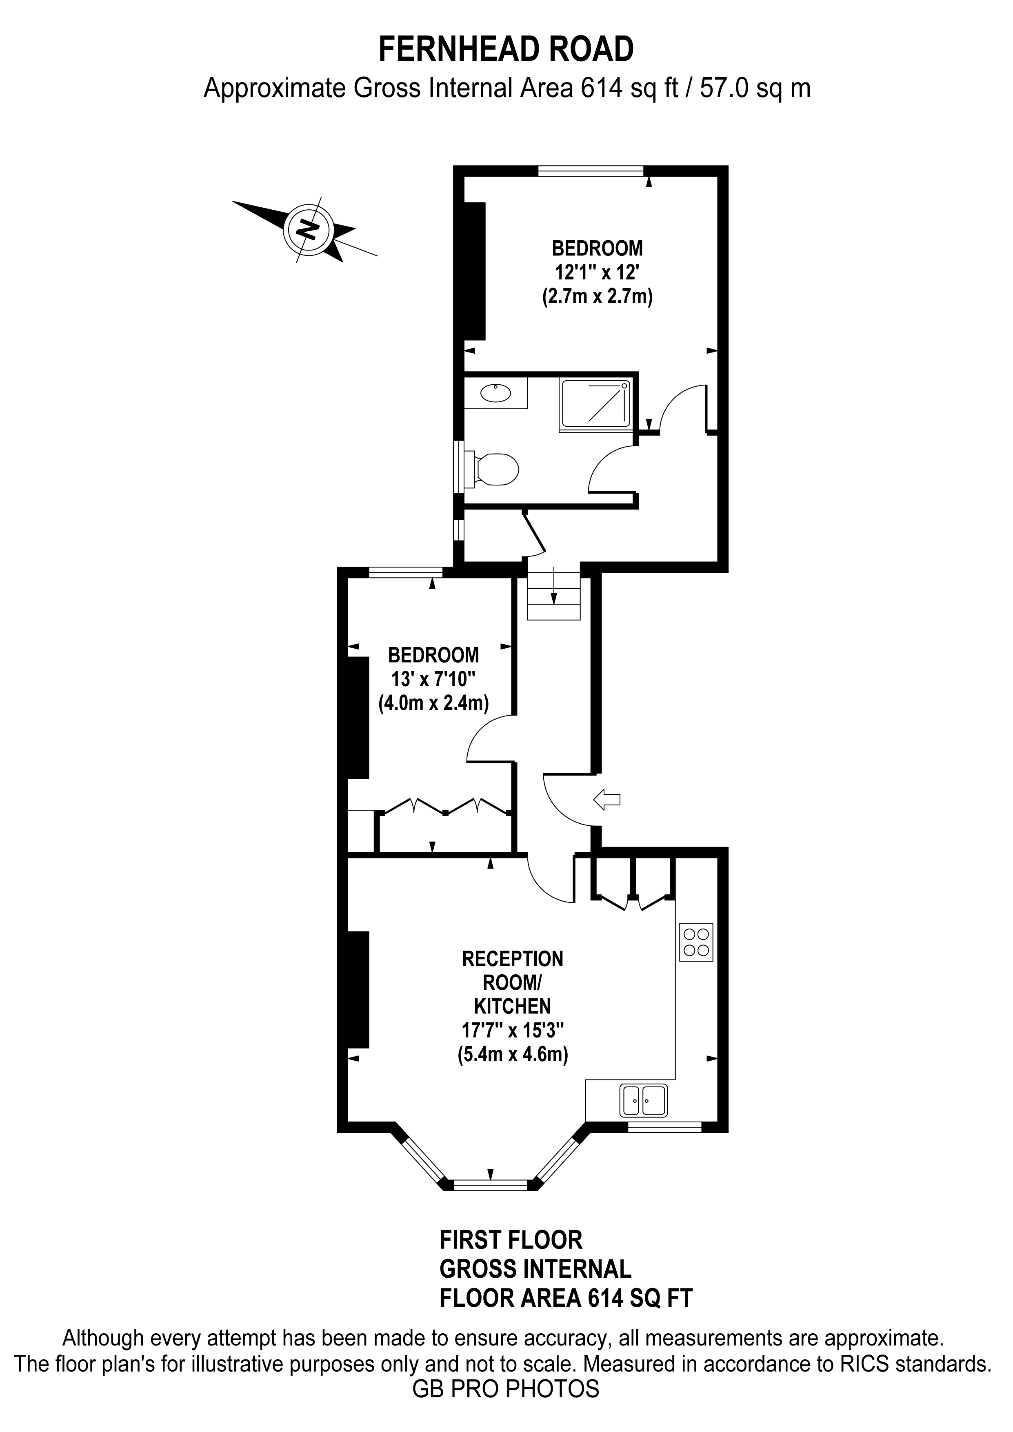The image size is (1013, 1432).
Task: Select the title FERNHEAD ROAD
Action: [506, 49]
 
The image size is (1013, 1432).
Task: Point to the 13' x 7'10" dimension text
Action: [433, 678]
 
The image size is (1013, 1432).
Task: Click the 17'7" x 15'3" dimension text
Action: [512, 1030]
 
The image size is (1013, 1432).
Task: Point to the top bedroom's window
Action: [591, 171]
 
